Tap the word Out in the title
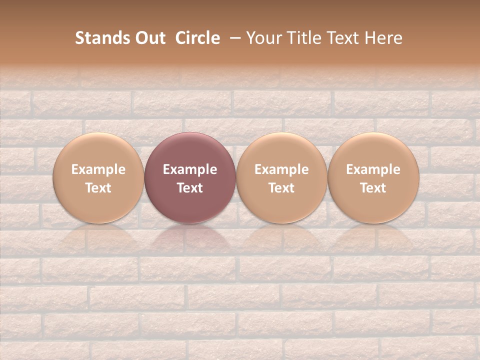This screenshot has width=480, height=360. (x=149, y=38)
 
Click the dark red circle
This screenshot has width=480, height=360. (x=190, y=150)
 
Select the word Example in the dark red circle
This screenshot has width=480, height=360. (x=190, y=169)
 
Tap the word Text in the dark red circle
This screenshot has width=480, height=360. (x=190, y=188)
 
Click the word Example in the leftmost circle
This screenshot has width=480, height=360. (x=98, y=169)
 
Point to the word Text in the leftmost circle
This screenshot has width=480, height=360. (x=98, y=188)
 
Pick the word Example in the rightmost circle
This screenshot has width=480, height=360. (x=373, y=169)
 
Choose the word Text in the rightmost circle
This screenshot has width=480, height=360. (x=373, y=188)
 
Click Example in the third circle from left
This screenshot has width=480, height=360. (x=281, y=169)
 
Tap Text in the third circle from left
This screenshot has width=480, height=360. (x=281, y=188)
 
